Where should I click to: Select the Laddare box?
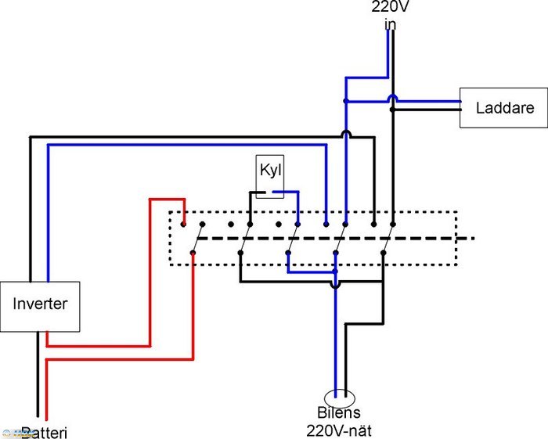coord(505,107)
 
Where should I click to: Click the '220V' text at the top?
coord(389,8)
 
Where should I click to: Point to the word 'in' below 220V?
coord(389,24)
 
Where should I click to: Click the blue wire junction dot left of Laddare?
coord(344,101)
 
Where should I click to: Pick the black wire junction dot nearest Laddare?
coord(393,110)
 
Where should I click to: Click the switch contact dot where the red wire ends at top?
coord(183,225)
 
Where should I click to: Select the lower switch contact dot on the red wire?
coord(193,252)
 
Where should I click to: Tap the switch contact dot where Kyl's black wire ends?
coord(249,225)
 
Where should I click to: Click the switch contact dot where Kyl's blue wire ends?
coord(297,225)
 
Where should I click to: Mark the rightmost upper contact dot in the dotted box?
coord(393,225)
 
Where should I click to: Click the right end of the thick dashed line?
coord(473,238)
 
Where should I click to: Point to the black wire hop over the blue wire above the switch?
coord(344,135)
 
